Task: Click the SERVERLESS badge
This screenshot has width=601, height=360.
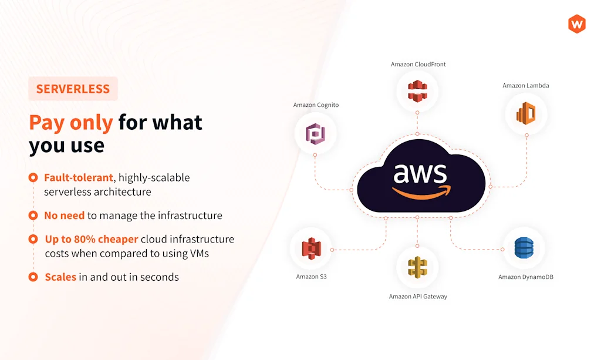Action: point(73,89)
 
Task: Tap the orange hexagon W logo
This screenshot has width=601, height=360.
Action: point(577,24)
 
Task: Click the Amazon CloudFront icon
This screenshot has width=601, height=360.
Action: point(417,91)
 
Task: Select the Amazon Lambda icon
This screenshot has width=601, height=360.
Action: point(525,113)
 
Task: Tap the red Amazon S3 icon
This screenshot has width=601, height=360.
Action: point(310,250)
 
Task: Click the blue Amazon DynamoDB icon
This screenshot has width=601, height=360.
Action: point(524,248)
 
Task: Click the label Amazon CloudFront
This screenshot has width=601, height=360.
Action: point(418,64)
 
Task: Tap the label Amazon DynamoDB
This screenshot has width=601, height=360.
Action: point(525,277)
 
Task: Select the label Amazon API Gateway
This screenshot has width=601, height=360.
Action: point(418,297)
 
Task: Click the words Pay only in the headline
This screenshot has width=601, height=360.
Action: point(71,122)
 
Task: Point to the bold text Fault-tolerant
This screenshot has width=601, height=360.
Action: point(78,177)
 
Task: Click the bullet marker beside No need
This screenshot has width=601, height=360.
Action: point(33,216)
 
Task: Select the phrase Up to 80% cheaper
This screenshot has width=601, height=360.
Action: point(92,239)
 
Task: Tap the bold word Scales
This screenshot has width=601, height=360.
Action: point(60,277)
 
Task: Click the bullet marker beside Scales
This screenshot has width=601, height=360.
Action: point(33,277)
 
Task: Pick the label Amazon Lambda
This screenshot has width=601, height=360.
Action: point(526,86)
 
